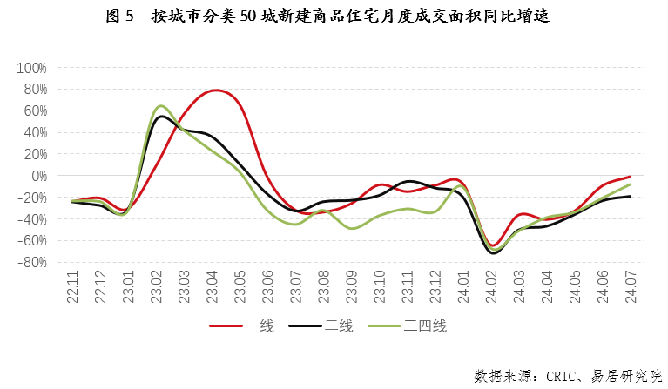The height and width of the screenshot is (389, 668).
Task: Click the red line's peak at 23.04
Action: pyautogui.click(x=215, y=90)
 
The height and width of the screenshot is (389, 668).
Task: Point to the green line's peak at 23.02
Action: pyautogui.click(x=161, y=106)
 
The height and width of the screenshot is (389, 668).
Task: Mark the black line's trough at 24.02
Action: pyautogui.click(x=493, y=252)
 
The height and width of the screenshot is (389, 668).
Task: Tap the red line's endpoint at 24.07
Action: pyautogui.click(x=630, y=177)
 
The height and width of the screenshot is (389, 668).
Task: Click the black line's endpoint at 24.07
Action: pyautogui.click(x=630, y=196)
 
